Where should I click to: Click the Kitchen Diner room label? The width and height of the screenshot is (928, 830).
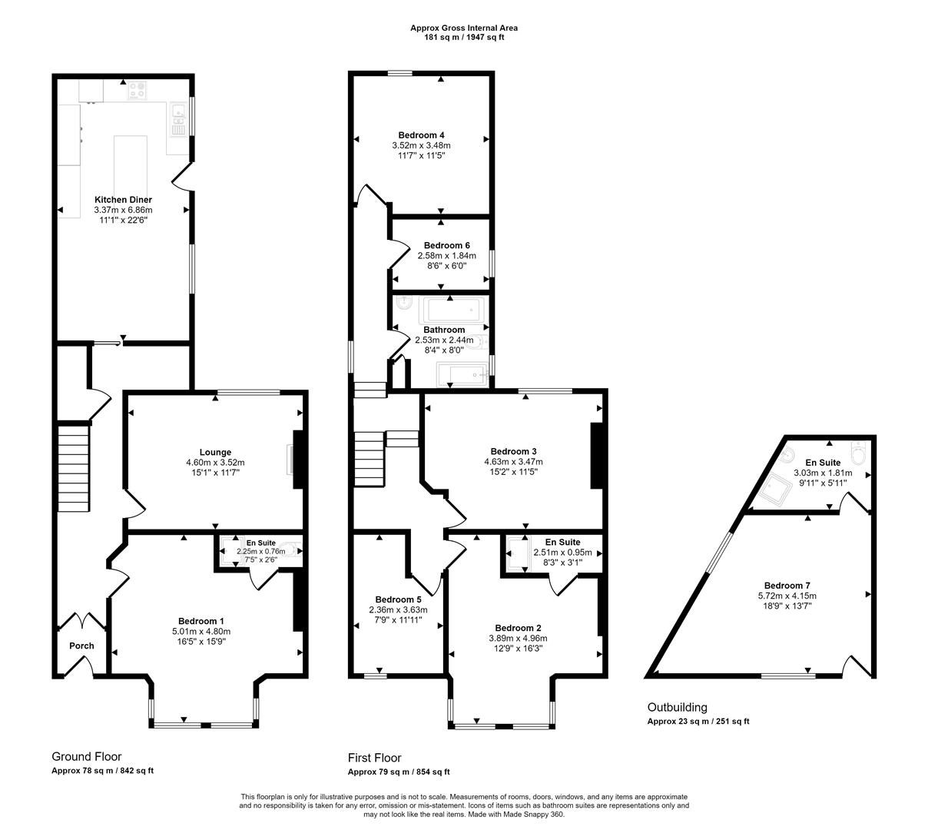(x=123, y=200)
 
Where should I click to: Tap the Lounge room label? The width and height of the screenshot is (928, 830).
(x=215, y=453)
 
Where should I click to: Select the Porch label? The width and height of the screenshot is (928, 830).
(x=81, y=646)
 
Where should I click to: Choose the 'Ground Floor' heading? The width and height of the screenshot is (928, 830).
(x=86, y=757)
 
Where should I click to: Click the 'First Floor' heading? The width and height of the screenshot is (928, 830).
(x=374, y=758)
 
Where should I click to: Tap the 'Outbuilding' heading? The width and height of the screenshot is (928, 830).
(x=677, y=708)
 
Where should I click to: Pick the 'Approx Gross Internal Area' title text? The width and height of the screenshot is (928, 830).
(x=464, y=28)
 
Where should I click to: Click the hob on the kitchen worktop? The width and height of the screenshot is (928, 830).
(x=137, y=91)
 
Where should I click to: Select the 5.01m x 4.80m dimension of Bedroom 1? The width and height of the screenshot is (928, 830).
(x=201, y=632)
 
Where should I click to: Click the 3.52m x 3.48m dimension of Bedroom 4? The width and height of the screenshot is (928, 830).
(x=421, y=145)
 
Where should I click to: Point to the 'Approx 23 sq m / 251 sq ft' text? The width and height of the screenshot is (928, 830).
(x=698, y=722)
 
